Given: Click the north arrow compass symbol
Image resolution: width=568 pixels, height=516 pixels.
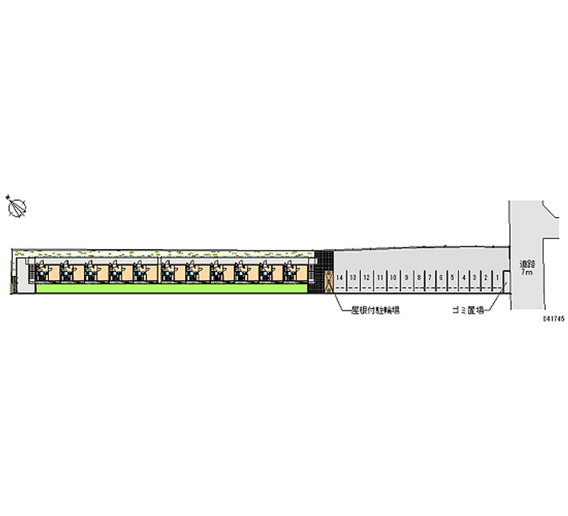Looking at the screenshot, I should coord(16,207).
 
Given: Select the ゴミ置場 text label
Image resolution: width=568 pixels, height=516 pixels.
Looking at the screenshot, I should coord(469,310).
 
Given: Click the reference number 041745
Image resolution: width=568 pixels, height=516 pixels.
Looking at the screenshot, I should coord(553,319).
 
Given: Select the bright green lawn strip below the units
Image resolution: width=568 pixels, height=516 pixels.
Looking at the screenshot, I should coord(170,289).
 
